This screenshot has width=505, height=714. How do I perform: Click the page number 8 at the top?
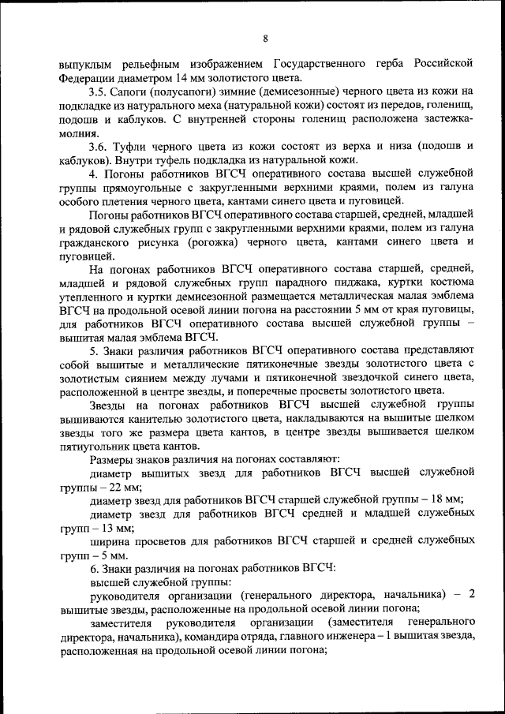pyautogui.click(x=266, y=39)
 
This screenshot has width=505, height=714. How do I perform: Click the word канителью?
pyautogui.click(x=163, y=418)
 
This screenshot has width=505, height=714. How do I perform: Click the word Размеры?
pyautogui.click(x=114, y=458)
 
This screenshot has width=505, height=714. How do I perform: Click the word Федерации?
pyautogui.click(x=86, y=78)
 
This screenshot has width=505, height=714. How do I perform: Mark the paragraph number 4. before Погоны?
pyautogui.click(x=94, y=173)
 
